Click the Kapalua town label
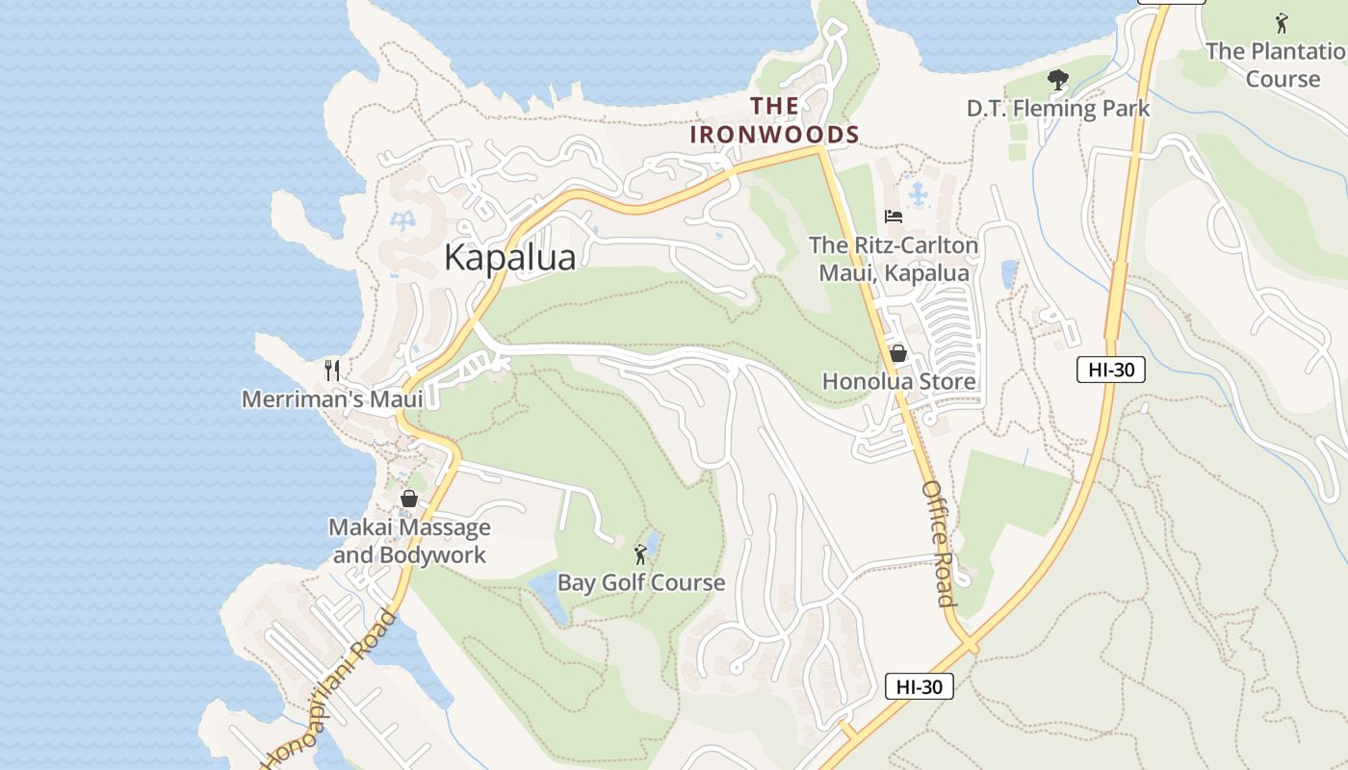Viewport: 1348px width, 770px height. pos(510,258)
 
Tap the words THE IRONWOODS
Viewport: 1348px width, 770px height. pos(774,120)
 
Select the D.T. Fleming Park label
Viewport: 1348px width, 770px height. pos(1058,109)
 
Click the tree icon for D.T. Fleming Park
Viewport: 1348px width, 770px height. pos(1058,80)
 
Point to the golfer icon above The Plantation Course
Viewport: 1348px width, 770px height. pos(1281,22)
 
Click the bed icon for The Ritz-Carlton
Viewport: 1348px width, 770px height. pos(894,216)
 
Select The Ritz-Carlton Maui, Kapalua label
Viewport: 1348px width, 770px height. pos(894,259)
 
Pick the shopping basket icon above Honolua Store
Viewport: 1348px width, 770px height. pos(898,353)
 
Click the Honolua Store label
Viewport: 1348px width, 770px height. pos(898,382)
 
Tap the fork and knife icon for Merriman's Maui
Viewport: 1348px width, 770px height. pos(332,370)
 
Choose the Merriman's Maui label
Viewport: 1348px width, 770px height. pos(332,398)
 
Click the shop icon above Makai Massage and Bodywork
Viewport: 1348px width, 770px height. pos(409,499)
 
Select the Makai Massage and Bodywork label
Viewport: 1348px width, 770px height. pos(410,541)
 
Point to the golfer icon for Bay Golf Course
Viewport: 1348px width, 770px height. pos(640,554)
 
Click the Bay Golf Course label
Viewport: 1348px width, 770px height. pos(641,583)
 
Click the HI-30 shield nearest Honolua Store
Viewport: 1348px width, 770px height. pos(1110,370)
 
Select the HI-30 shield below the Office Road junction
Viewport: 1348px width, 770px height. pos(919,686)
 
